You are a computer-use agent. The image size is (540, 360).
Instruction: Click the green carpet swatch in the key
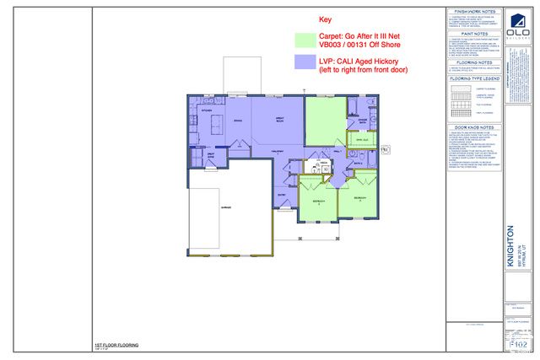pyautogui.click(x=305, y=40)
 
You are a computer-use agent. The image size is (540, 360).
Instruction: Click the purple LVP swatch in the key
pyautogui.click(x=305, y=62)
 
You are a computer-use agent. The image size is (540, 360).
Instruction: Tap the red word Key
pyautogui.click(x=326, y=19)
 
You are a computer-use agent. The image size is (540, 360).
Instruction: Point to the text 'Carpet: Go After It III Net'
pyautogui.click(x=363, y=36)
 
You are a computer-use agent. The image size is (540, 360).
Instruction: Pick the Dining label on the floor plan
pyautogui.click(x=238, y=121)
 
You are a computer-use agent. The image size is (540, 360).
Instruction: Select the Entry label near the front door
pyautogui.click(x=282, y=192)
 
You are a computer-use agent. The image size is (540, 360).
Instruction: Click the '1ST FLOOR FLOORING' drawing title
pyautogui.click(x=117, y=345)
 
